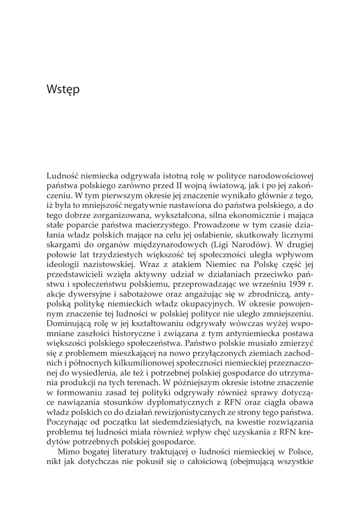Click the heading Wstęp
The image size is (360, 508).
[x=63, y=91]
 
